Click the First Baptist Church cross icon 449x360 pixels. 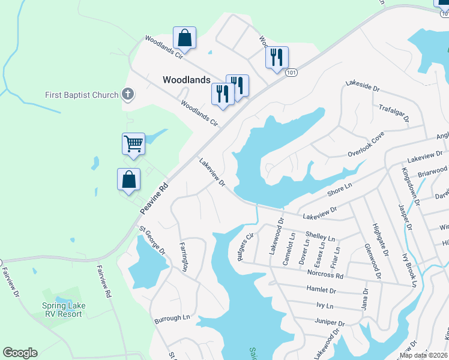pyautogui.click(x=127, y=94)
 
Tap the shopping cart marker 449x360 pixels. pyautogui.click(x=133, y=144)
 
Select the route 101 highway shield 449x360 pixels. pyautogui.click(x=291, y=73)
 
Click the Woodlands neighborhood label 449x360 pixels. pyautogui.click(x=187, y=79)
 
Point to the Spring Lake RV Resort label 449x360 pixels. pyautogui.click(x=64, y=310)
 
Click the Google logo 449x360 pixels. pyautogui.click(x=20, y=353)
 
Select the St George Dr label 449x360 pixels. pyautogui.click(x=152, y=240)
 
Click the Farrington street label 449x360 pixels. pyautogui.click(x=184, y=257)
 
